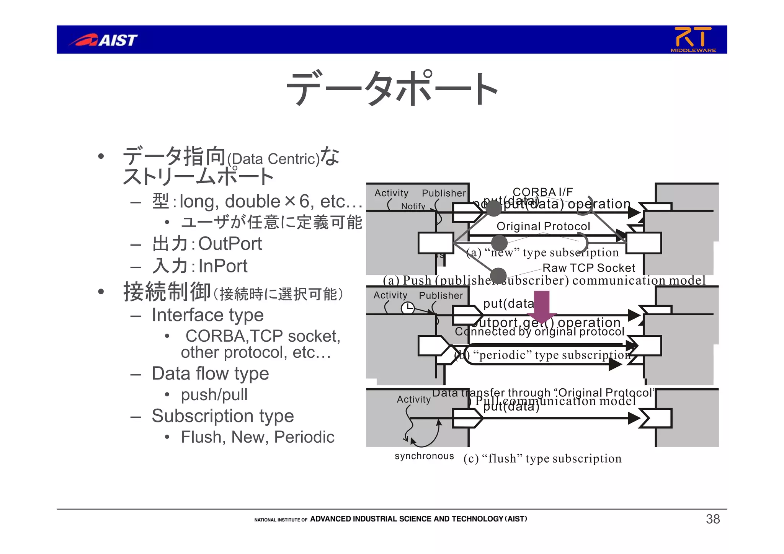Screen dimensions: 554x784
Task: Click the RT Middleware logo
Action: (693, 39)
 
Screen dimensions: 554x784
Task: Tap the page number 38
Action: (713, 519)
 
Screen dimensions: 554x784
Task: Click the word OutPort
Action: (230, 244)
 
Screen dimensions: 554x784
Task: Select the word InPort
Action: (223, 266)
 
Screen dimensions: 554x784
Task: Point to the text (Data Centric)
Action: (273, 159)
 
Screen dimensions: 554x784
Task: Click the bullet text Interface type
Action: (207, 315)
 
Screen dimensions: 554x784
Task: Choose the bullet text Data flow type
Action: (210, 373)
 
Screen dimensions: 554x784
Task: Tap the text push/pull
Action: (214, 394)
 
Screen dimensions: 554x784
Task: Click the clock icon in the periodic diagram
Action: (408, 308)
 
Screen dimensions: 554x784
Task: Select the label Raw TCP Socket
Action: (589, 268)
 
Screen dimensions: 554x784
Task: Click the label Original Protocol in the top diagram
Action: (543, 226)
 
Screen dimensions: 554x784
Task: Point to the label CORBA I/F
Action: (542, 192)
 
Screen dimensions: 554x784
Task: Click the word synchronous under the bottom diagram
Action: (424, 456)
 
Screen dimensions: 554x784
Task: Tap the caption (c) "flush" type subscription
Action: (542, 458)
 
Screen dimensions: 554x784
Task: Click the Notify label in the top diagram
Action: (413, 206)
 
